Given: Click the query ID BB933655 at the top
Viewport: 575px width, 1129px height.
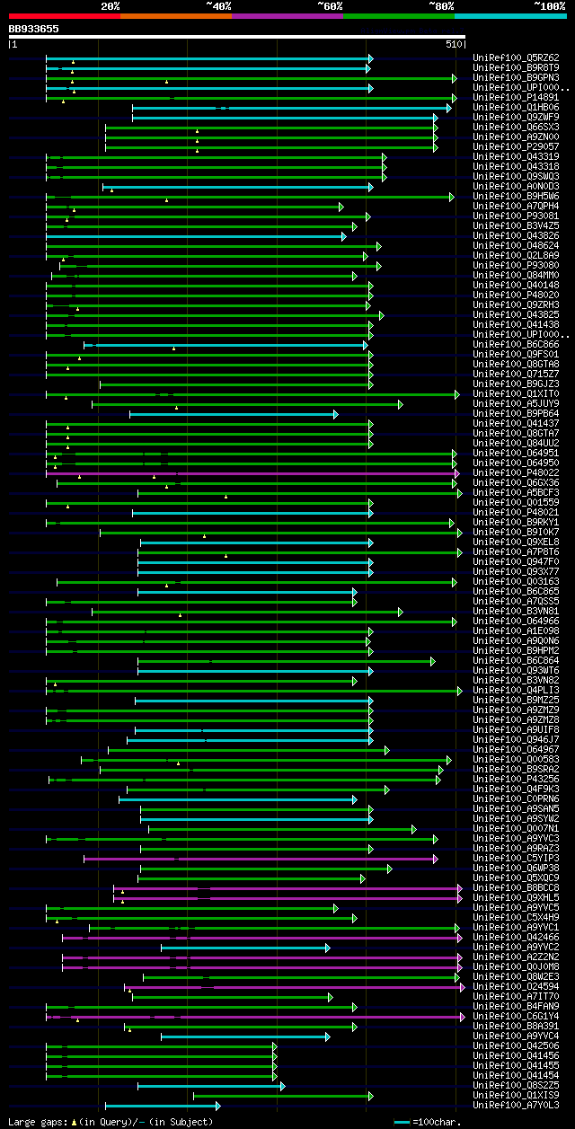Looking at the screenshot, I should pyautogui.click(x=34, y=29).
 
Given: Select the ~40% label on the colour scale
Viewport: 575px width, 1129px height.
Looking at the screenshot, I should pyautogui.click(x=218, y=5).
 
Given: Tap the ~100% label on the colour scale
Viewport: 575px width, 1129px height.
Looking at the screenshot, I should pyautogui.click(x=550, y=5).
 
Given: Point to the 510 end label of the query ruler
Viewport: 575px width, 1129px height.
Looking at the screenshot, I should pyautogui.click(x=452, y=43).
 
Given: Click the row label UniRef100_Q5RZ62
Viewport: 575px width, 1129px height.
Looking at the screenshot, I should pyautogui.click(x=516, y=57).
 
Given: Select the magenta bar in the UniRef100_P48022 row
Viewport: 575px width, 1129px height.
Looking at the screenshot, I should pyautogui.click(x=252, y=472).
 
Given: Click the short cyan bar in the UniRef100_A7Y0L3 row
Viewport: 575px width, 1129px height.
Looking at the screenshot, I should pyautogui.click(x=162, y=1105).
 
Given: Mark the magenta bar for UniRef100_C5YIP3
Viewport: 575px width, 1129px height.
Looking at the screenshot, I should pyautogui.click(x=261, y=858).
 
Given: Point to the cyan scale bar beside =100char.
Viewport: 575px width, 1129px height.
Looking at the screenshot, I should pyautogui.click(x=402, y=1122).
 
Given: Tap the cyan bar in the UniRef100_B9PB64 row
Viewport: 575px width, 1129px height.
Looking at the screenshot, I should pyautogui.click(x=234, y=413).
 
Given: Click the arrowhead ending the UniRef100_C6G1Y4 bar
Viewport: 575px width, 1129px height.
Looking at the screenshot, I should pyautogui.click(x=462, y=1016).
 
